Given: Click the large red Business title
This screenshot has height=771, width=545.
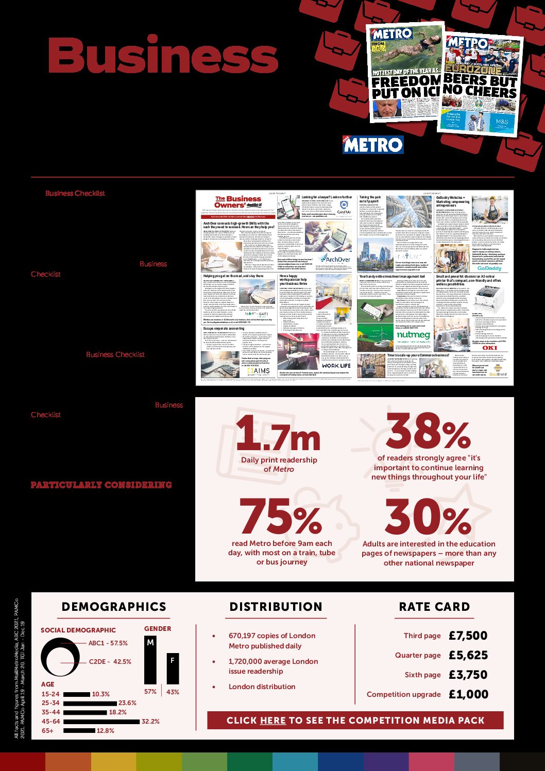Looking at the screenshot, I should (163, 56).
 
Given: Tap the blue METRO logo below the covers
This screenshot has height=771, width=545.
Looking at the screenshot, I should (373, 145).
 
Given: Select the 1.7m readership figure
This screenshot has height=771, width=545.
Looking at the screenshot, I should (278, 433).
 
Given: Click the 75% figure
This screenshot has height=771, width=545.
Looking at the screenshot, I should (281, 517).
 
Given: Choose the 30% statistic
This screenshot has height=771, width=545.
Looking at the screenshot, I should (428, 517).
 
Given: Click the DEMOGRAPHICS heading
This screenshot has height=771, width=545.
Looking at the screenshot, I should (114, 607).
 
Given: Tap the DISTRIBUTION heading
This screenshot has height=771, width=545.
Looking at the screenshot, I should (276, 607).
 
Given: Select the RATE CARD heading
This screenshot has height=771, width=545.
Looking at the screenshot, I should (434, 607).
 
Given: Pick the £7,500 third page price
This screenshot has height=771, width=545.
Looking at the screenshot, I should (468, 636).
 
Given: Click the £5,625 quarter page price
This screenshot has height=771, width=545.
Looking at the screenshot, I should (468, 655).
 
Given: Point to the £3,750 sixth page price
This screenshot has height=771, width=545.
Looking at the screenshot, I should (468, 675).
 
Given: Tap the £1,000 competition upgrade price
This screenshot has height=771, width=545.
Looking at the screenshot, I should (468, 694).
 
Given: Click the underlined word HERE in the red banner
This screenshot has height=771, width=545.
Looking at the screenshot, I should (273, 721).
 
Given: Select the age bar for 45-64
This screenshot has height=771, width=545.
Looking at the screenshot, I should (101, 722).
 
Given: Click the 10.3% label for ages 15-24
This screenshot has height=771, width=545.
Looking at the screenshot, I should (101, 694).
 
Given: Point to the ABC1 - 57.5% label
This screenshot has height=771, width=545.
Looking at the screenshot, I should (108, 643).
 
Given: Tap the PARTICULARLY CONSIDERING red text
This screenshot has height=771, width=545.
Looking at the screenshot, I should (101, 485).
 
